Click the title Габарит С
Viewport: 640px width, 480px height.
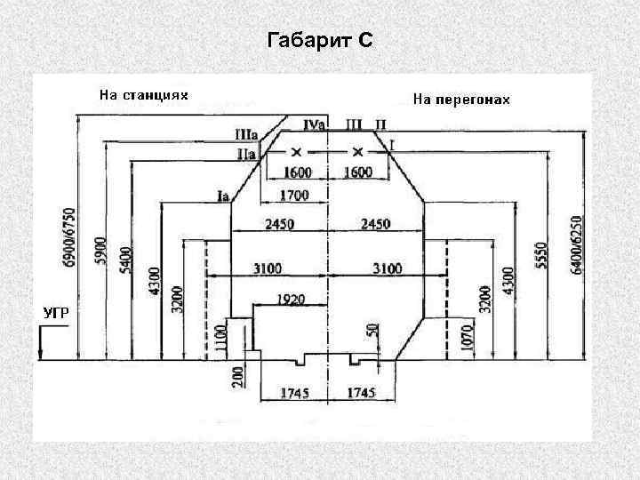[320, 40]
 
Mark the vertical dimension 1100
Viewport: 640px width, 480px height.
[221, 338]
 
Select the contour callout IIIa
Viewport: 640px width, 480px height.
[245, 135]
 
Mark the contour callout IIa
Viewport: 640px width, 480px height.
[246, 154]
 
